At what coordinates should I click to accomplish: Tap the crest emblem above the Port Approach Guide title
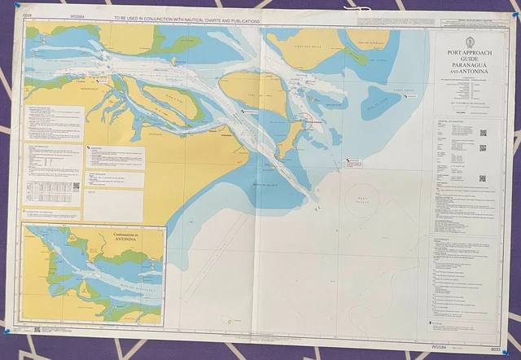pos(470,42)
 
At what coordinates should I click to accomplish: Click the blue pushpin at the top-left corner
pos(16,5)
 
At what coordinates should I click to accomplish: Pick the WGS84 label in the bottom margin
pos(440,348)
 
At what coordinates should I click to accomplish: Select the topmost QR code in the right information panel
pos(483,133)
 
